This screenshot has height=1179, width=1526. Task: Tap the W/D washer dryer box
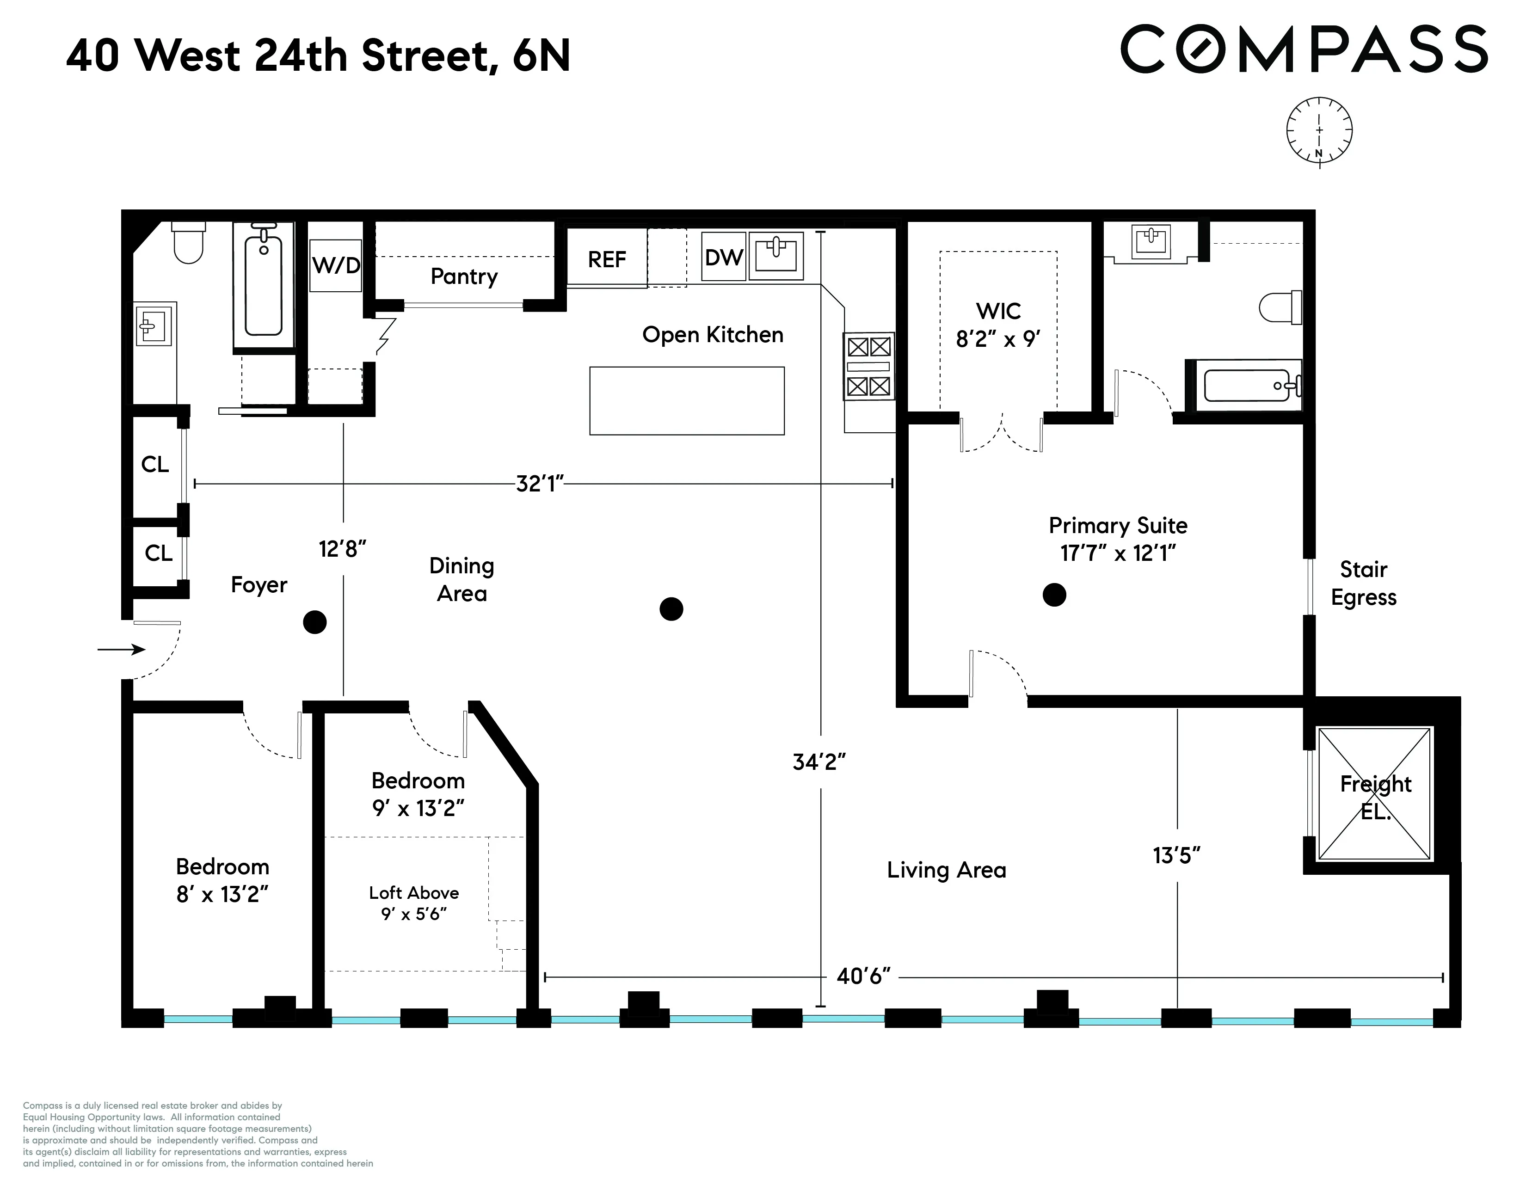(x=335, y=265)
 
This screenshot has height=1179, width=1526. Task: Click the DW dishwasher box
(x=723, y=257)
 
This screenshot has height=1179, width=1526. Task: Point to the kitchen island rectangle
(x=686, y=401)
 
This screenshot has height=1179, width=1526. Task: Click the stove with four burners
(x=868, y=367)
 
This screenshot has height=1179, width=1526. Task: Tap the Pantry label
(x=464, y=276)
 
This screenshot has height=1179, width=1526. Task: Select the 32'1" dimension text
(x=539, y=483)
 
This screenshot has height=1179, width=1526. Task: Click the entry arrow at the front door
(x=121, y=650)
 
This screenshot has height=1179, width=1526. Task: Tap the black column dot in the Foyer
(x=315, y=621)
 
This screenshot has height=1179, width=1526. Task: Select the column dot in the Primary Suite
(x=1054, y=595)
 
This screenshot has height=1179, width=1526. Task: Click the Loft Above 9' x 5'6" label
(x=414, y=903)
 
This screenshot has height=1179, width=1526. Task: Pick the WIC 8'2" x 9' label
(x=998, y=325)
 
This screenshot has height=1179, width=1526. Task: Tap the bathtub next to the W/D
(x=264, y=286)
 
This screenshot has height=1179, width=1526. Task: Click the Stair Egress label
(x=1363, y=583)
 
